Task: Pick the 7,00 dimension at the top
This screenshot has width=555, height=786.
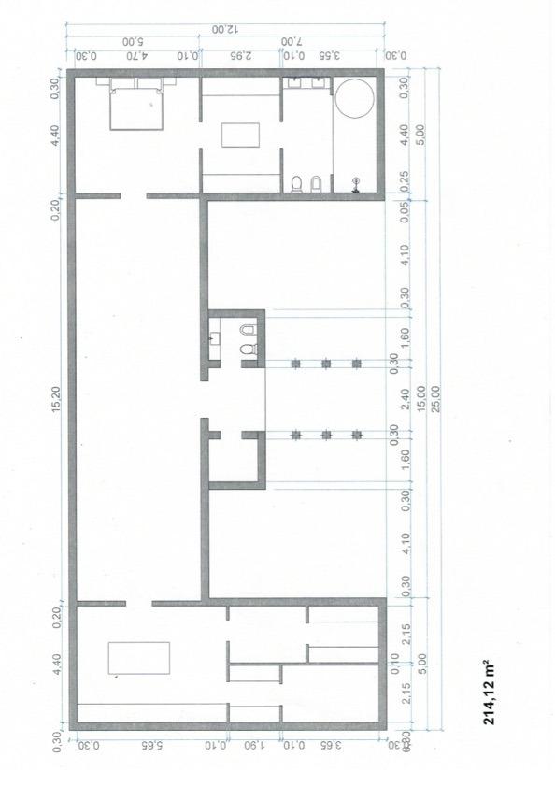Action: [x=292, y=42]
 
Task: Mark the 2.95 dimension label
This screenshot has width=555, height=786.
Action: [x=240, y=55]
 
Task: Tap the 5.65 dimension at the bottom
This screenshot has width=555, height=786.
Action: [x=147, y=745]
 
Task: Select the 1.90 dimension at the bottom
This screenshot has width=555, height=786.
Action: [x=255, y=745]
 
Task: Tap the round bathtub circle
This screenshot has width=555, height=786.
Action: [x=354, y=98]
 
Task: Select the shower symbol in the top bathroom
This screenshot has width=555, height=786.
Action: [x=355, y=183]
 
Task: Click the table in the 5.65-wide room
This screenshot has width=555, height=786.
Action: [x=139, y=658]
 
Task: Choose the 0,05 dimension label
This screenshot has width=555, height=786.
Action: [x=405, y=210]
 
